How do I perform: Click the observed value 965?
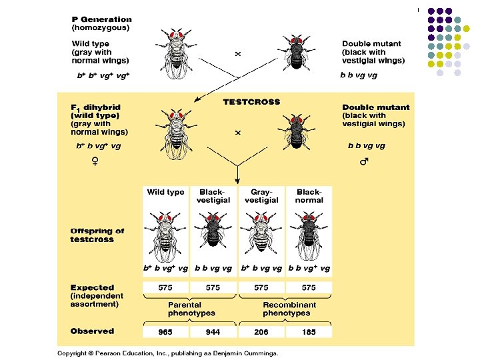165,331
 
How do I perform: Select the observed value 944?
213,331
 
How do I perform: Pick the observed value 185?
309,331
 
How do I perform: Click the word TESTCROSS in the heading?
251,102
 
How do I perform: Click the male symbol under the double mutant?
364,161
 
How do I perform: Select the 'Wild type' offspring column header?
165,192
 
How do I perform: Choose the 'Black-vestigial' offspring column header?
213,195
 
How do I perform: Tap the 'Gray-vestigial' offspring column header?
261,195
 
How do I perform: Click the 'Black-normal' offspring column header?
309,195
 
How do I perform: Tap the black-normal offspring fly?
309,233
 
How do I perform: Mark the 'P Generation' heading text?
101,20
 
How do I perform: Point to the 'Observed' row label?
92,331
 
